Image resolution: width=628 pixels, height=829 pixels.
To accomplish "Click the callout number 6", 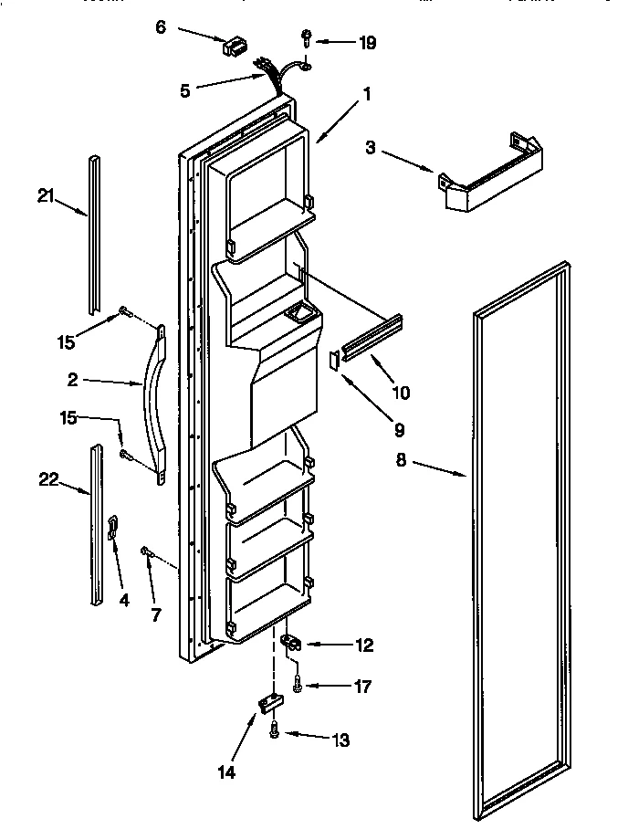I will (x=161, y=28).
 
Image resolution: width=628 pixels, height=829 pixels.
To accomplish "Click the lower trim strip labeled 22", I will (x=97, y=525).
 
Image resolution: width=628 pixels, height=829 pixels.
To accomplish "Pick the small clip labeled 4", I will (x=113, y=526).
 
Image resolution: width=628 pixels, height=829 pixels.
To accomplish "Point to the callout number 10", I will (x=400, y=394).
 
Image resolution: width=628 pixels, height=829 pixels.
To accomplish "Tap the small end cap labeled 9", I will (x=333, y=359).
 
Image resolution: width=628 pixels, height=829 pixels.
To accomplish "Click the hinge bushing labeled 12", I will (x=290, y=642).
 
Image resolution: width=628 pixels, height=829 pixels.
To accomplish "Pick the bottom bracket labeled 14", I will (x=269, y=702).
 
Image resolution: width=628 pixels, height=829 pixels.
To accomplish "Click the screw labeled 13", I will (x=275, y=730).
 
